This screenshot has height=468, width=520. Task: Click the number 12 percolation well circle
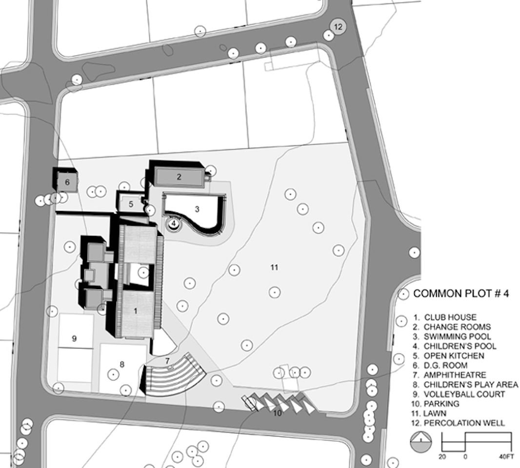pos(338,26)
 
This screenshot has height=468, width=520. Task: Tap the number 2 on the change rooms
pos(179,176)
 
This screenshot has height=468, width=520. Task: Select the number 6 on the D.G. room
pos(67,182)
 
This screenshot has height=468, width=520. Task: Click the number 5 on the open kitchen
pos(131,204)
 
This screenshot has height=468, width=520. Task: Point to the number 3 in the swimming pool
pos(198,209)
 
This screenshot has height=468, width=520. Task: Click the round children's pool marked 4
pos(174,223)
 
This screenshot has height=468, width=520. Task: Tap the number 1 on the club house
pos(135,311)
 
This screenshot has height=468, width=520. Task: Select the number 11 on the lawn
pos(274,267)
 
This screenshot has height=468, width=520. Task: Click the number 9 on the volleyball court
pos(74,338)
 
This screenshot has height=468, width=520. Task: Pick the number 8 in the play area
pos(122,365)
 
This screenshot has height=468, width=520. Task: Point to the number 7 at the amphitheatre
pos(167,361)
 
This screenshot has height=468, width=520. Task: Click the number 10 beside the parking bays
pos(277,413)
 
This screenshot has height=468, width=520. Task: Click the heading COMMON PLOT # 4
pos(461,293)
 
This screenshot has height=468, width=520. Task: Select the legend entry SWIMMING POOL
pos(458,336)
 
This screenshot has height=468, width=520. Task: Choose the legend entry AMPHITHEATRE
pos(455,375)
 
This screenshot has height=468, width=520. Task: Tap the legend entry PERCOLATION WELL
pos(464,423)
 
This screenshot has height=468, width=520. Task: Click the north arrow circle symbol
pos(421,442)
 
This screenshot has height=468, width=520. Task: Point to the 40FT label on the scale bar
pos(506,457)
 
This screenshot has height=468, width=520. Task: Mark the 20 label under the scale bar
pos(442,457)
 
